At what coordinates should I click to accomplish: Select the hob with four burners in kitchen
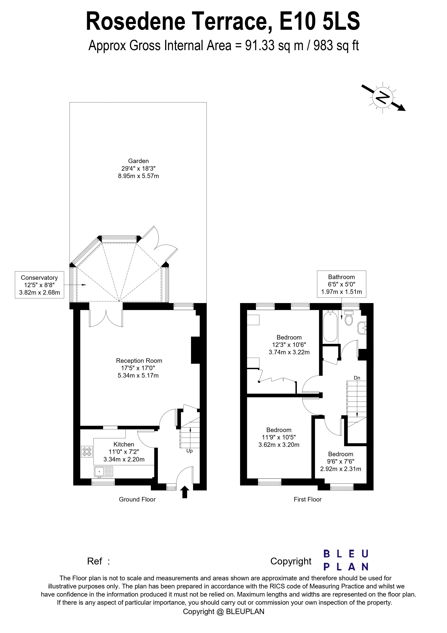click(87, 452)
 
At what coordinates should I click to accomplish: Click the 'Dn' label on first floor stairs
click(357, 378)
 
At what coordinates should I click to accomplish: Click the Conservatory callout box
click(39, 285)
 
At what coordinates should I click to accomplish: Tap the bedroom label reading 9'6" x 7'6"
click(340, 461)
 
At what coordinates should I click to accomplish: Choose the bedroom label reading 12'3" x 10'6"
click(289, 345)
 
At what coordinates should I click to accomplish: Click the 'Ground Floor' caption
click(137, 499)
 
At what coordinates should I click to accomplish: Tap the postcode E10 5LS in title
click(320, 21)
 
